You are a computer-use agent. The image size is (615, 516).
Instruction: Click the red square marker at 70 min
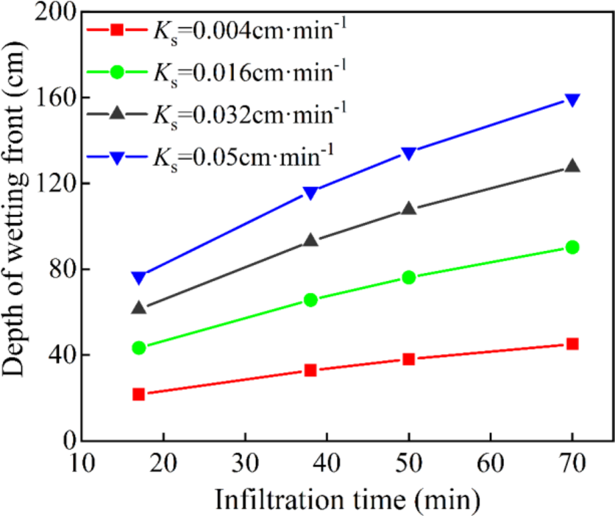coord(572,344)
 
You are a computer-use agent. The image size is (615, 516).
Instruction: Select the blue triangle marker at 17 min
coord(138,278)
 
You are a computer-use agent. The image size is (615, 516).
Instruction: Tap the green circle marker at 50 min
coord(408,278)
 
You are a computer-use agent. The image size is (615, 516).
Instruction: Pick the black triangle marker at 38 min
coord(310,240)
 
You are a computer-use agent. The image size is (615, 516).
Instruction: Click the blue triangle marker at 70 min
coord(572,100)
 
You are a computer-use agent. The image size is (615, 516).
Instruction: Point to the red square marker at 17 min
coord(138,395)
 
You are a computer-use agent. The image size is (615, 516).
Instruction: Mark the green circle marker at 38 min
coord(310,300)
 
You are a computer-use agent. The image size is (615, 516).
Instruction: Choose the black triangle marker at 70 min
coord(572,166)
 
